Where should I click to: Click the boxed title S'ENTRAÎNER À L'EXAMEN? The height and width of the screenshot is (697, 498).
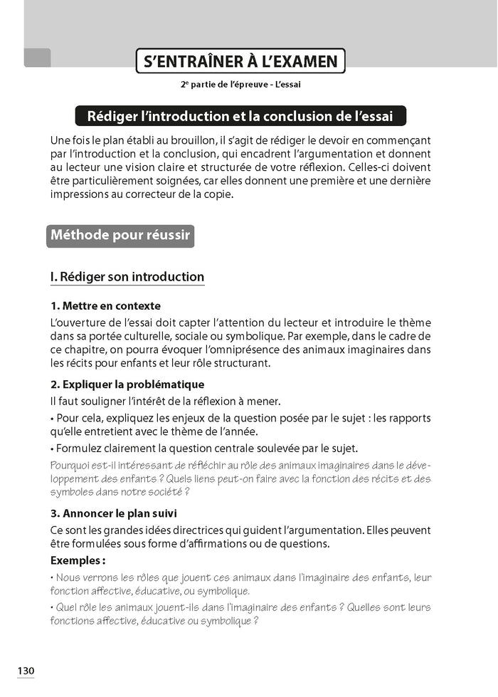[x=240, y=61]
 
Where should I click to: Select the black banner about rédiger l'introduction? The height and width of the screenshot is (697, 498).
[x=240, y=115]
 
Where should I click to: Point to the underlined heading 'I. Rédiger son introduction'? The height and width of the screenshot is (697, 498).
[x=127, y=277]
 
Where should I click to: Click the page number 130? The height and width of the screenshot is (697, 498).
[x=26, y=671]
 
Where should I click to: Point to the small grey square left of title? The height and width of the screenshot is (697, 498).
[x=37, y=58]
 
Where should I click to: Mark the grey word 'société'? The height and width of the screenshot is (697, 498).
[x=164, y=492]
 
